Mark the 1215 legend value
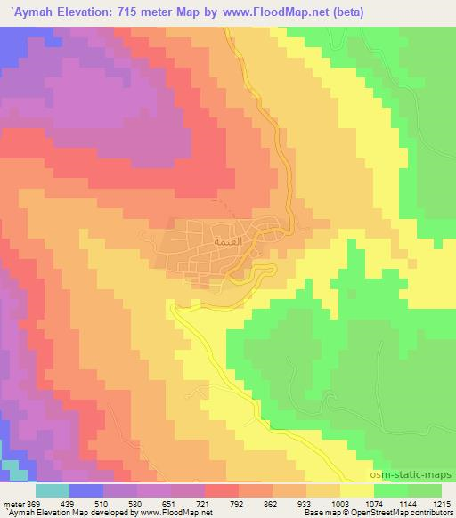tap(443, 503)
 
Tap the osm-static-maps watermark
tap(418, 475)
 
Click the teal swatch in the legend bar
tap(53, 490)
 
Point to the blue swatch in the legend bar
tap(86, 490)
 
